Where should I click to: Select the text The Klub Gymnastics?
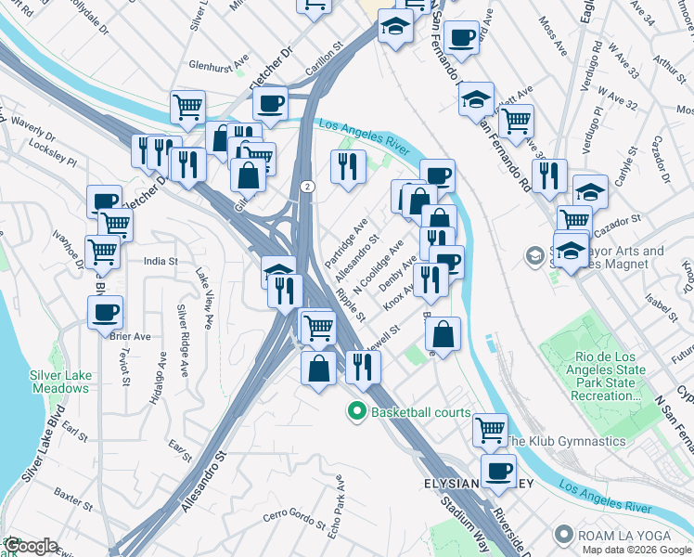click(x=565, y=441)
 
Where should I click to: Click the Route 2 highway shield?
click(x=306, y=187)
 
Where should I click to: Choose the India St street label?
click(x=161, y=262)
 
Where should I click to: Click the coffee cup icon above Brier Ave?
click(x=105, y=311)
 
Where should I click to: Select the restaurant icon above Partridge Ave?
click(x=348, y=165)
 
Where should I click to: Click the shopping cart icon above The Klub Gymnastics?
click(x=489, y=429)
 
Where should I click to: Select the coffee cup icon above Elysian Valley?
click(x=498, y=470)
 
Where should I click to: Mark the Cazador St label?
click(x=620, y=221)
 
